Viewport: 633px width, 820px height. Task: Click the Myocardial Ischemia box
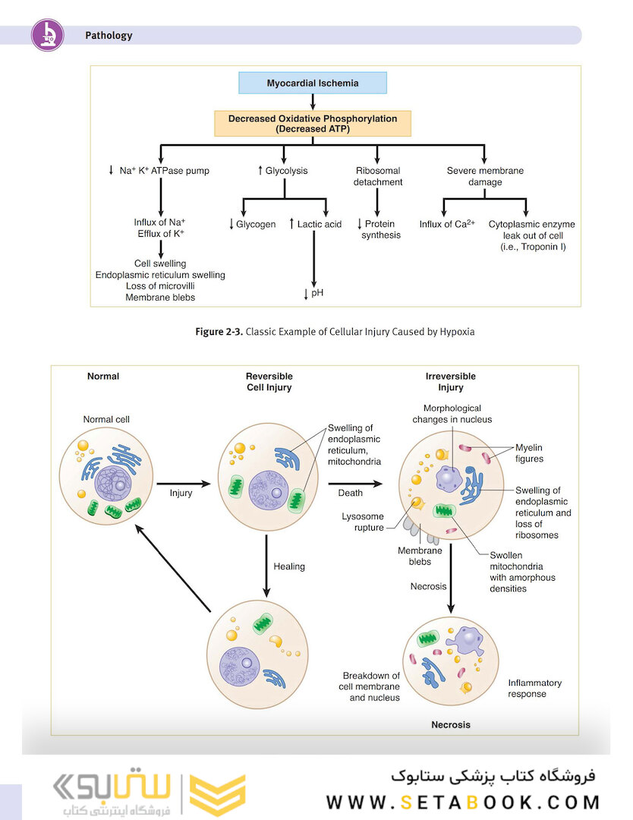pos(313,83)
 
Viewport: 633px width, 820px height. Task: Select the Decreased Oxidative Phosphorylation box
pos(313,124)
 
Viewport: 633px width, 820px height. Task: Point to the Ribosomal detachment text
pos(378,176)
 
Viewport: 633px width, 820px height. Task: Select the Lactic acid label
pos(320,224)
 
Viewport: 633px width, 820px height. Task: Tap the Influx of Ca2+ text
pos(447,224)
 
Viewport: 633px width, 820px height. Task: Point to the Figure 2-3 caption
pos(334,332)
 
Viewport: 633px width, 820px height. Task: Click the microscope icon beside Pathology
pos(47,35)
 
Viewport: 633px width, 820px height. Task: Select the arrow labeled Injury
pos(183,482)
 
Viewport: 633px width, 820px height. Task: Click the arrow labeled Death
pos(355,482)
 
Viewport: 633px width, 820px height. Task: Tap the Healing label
pos(289,566)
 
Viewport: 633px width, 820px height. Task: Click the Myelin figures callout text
pos(529,453)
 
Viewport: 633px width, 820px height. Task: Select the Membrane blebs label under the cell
pos(420,556)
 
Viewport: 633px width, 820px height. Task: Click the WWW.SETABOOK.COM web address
pos(463,802)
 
